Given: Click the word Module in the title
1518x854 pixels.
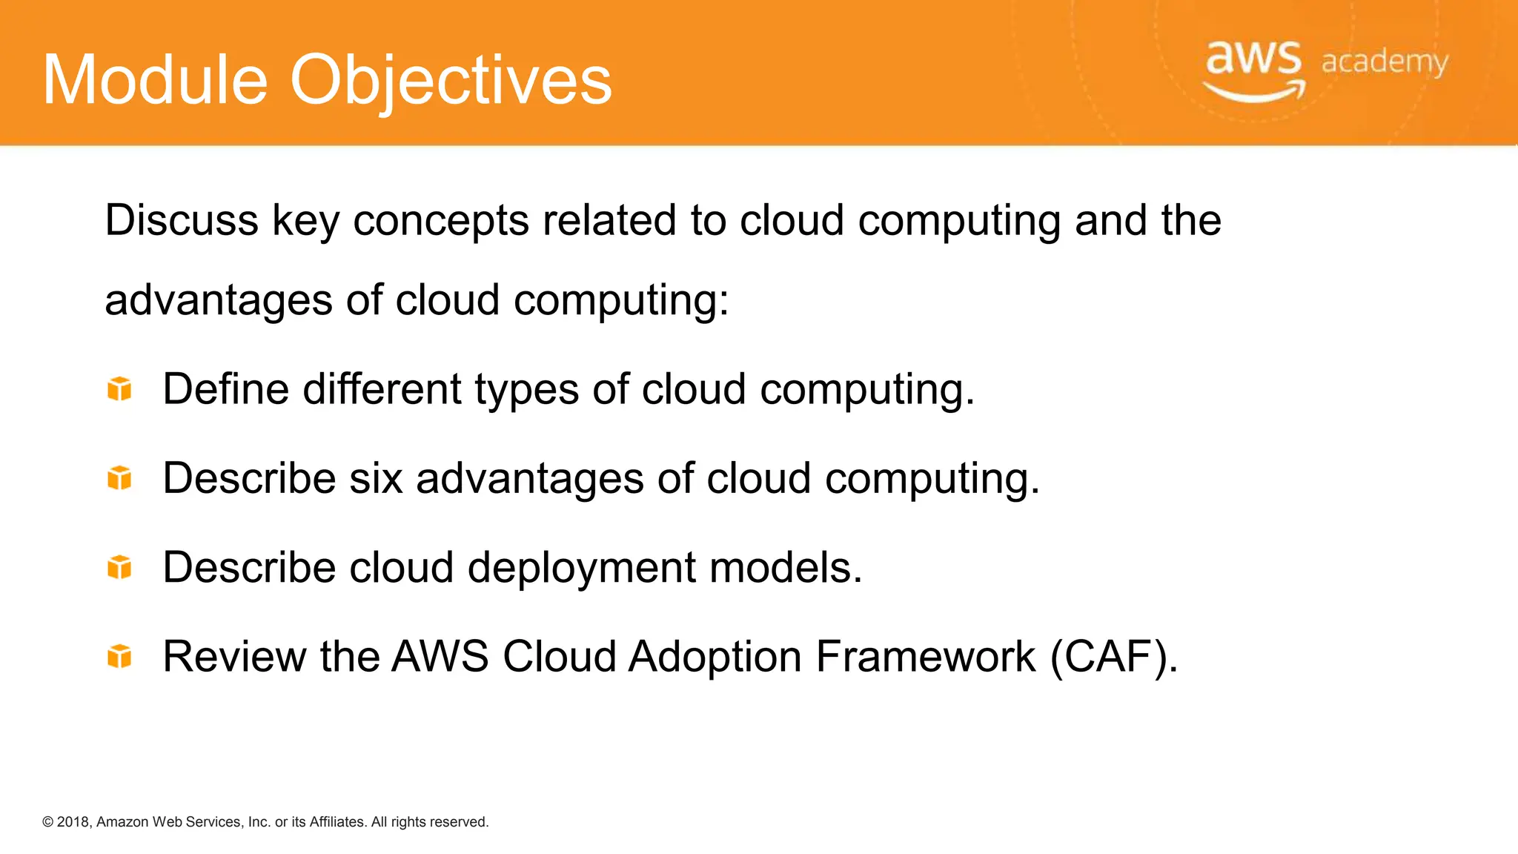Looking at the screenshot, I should tap(155, 80).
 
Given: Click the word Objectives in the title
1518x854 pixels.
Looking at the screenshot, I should tap(451, 80).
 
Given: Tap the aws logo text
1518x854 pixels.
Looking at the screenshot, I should tap(1253, 58).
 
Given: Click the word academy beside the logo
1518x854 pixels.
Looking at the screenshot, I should tap(1384, 62).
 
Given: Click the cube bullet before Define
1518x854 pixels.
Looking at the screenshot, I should tap(119, 388).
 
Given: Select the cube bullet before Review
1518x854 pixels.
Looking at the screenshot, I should tap(119, 656).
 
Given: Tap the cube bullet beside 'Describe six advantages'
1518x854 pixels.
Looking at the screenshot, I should tap(119, 478).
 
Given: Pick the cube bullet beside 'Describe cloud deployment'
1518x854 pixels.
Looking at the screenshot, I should tap(119, 567).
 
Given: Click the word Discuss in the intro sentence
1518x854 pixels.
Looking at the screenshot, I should tap(182, 220).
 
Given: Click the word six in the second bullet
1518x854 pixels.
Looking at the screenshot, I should tap(376, 478).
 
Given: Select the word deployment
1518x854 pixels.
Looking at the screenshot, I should tap(581, 569).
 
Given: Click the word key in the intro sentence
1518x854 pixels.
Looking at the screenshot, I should tap(305, 222).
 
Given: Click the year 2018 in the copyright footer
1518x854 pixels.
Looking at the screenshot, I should tap(73, 822).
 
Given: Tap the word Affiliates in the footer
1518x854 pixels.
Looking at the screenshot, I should tap(337, 822).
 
